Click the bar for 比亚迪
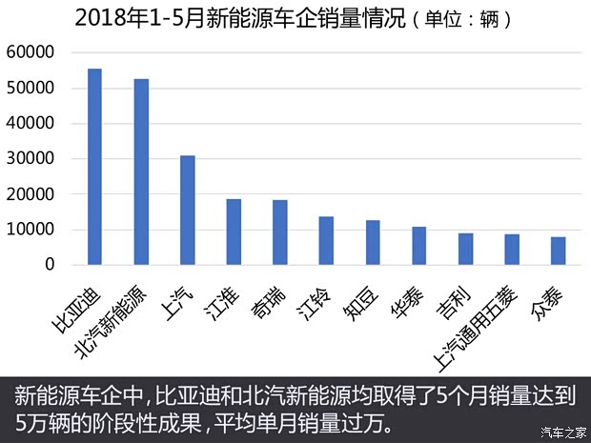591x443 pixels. (x=94, y=167)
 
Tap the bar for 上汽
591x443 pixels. (x=188, y=210)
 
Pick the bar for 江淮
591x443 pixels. (x=234, y=232)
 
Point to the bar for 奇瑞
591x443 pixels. (x=280, y=232)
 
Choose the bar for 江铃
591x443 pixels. (x=326, y=240)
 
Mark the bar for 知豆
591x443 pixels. (x=373, y=242)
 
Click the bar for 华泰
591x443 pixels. (x=419, y=246)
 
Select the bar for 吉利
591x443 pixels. (x=465, y=249)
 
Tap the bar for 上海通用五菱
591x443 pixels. (x=512, y=250)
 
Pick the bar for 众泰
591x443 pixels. (x=559, y=251)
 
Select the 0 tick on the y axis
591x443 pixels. (x=48, y=265)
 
